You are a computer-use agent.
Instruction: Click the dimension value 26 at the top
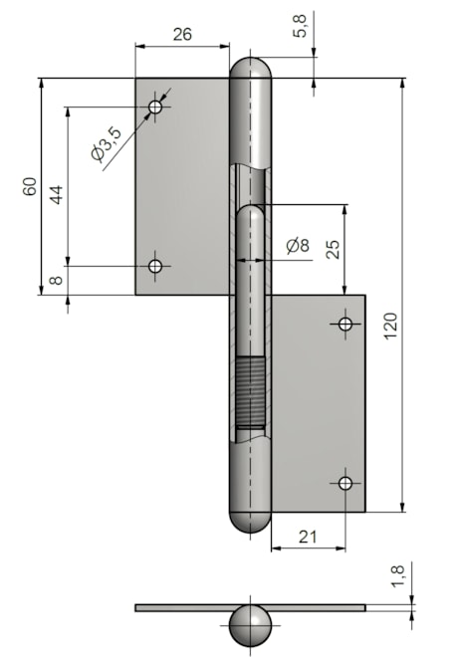[181, 33]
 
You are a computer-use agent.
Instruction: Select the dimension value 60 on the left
[30, 186]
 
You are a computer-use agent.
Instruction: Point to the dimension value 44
[56, 193]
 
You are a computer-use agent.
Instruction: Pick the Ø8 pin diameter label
[297, 245]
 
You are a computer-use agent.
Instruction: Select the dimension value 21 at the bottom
[308, 538]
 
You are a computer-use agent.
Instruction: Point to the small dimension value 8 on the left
[56, 280]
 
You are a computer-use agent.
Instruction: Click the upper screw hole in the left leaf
[155, 107]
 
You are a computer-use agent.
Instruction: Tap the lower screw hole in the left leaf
[155, 266]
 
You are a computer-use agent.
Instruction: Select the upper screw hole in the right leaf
[345, 324]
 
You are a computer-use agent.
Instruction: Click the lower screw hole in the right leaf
[345, 483]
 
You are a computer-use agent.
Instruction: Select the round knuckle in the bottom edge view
[250, 626]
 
